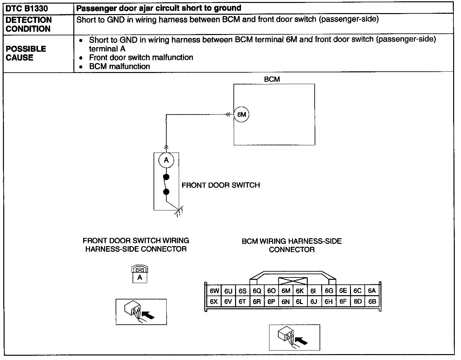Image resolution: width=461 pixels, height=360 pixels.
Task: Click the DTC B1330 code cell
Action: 27,9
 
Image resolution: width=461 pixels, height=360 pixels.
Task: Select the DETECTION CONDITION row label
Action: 28,24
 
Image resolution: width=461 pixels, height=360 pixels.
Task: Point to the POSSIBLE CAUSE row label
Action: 26,53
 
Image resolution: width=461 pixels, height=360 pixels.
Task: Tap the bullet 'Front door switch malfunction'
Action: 141,58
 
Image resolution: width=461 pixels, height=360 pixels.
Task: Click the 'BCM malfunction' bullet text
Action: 120,66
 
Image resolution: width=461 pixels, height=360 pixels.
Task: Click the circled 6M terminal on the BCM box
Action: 241,115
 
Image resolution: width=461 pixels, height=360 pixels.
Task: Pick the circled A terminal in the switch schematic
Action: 166,160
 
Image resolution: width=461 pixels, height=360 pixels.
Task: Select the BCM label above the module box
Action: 272,79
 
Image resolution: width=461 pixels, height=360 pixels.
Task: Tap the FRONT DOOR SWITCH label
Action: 221,185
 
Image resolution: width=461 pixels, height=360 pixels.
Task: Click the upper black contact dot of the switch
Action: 166,177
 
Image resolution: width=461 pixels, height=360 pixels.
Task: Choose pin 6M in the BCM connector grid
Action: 286,291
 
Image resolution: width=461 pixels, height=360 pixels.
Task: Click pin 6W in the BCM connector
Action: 214,291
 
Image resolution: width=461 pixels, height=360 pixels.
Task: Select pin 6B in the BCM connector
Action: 372,301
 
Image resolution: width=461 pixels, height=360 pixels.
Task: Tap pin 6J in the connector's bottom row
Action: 314,301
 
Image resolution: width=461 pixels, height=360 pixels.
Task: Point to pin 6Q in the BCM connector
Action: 257,291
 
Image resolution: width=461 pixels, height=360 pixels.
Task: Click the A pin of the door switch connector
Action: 139,278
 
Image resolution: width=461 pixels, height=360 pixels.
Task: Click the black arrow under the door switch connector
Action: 148,315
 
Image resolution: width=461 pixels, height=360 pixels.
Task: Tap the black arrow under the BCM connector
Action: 302,341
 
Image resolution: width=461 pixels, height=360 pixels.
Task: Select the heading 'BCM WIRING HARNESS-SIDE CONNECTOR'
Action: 292,245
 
